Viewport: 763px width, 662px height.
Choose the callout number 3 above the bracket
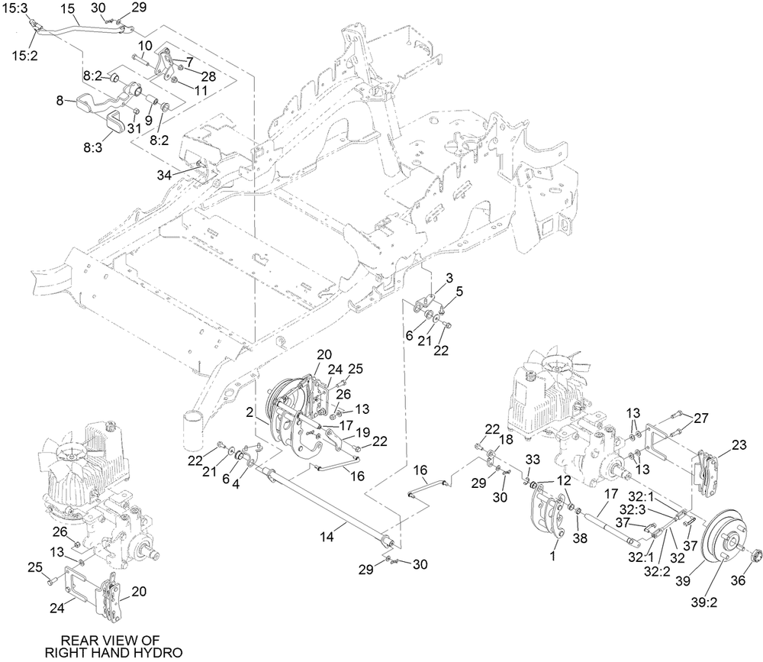[450, 276]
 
